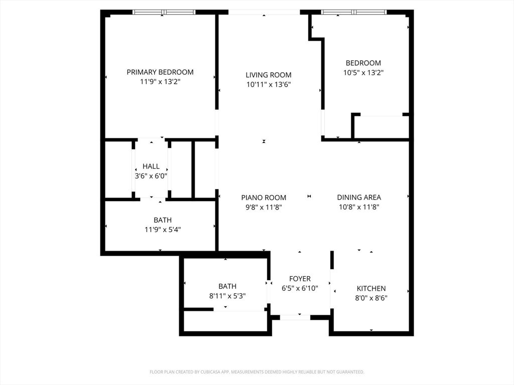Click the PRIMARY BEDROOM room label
click(160, 72)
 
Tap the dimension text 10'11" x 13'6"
click(269, 85)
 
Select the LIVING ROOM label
click(269, 75)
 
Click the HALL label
click(151, 166)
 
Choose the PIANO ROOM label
click(264, 198)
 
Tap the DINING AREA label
click(359, 198)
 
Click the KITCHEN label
click(371, 288)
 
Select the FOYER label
click(300, 279)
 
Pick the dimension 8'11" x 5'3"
click(227, 296)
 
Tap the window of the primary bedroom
click(164, 12)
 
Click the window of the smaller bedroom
click(354, 12)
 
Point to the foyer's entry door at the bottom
click(295, 317)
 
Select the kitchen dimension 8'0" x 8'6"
click(371, 298)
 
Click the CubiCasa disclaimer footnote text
click(256, 372)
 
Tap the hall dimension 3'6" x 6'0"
click(151, 176)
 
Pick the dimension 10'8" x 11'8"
click(359, 207)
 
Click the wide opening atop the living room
click(265, 12)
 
